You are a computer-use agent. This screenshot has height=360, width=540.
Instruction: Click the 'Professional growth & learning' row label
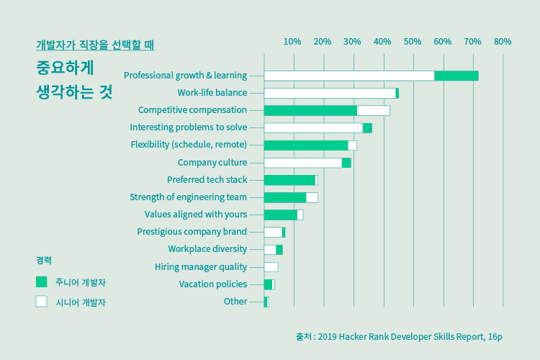(x=185, y=76)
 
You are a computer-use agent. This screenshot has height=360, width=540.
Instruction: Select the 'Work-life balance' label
(x=212, y=93)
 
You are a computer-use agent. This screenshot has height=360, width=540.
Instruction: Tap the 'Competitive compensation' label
(x=192, y=110)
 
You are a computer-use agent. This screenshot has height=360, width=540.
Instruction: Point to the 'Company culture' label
(x=212, y=163)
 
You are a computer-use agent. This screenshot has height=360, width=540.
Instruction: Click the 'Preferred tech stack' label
(x=207, y=180)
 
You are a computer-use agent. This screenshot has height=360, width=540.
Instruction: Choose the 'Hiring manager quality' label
(x=200, y=267)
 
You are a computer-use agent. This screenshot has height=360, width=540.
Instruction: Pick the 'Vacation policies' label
(x=212, y=284)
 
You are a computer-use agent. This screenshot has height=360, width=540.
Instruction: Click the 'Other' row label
(x=235, y=302)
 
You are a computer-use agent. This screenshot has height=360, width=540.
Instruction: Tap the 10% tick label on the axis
(x=292, y=42)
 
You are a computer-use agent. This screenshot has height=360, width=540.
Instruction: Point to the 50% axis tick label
(x=413, y=42)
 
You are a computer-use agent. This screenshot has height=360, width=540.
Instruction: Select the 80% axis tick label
(x=503, y=42)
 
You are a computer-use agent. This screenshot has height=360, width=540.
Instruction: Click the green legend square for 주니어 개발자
(x=42, y=282)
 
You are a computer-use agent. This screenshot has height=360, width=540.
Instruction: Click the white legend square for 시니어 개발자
(x=42, y=302)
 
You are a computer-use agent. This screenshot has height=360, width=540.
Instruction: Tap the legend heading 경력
(x=44, y=260)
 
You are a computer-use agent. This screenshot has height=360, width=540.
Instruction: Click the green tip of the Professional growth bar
(x=456, y=76)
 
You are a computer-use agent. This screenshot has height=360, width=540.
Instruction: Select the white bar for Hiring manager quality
(x=271, y=267)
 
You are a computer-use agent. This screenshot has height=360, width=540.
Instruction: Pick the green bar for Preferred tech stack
(x=289, y=180)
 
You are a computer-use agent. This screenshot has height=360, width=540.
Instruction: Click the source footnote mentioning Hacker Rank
(x=398, y=336)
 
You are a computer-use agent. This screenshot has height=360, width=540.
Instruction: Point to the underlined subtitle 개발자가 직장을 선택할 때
(x=95, y=45)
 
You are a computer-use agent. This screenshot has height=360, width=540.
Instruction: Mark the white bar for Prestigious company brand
(x=273, y=232)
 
